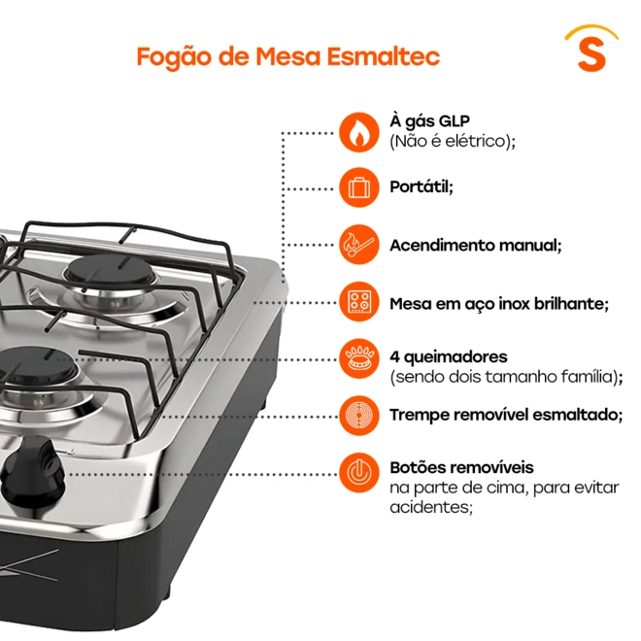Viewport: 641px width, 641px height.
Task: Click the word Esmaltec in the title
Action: [383, 56]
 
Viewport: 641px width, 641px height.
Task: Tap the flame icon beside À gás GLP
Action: [359, 132]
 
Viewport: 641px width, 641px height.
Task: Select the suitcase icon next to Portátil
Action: [359, 187]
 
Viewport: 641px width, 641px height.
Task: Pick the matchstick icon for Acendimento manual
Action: [359, 245]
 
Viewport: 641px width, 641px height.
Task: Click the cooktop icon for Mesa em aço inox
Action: [359, 302]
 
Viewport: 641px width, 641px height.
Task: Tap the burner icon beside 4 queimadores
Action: [359, 359]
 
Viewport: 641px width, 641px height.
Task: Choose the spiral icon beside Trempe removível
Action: [359, 416]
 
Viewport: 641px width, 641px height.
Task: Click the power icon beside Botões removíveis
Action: [359, 473]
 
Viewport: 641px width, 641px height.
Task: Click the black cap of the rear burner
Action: [111, 270]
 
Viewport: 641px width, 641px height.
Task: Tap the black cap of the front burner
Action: [37, 364]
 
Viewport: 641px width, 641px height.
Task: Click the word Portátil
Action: [422, 186]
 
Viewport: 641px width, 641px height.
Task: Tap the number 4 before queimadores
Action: [394, 356]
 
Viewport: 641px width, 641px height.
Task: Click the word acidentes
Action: [431, 507]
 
